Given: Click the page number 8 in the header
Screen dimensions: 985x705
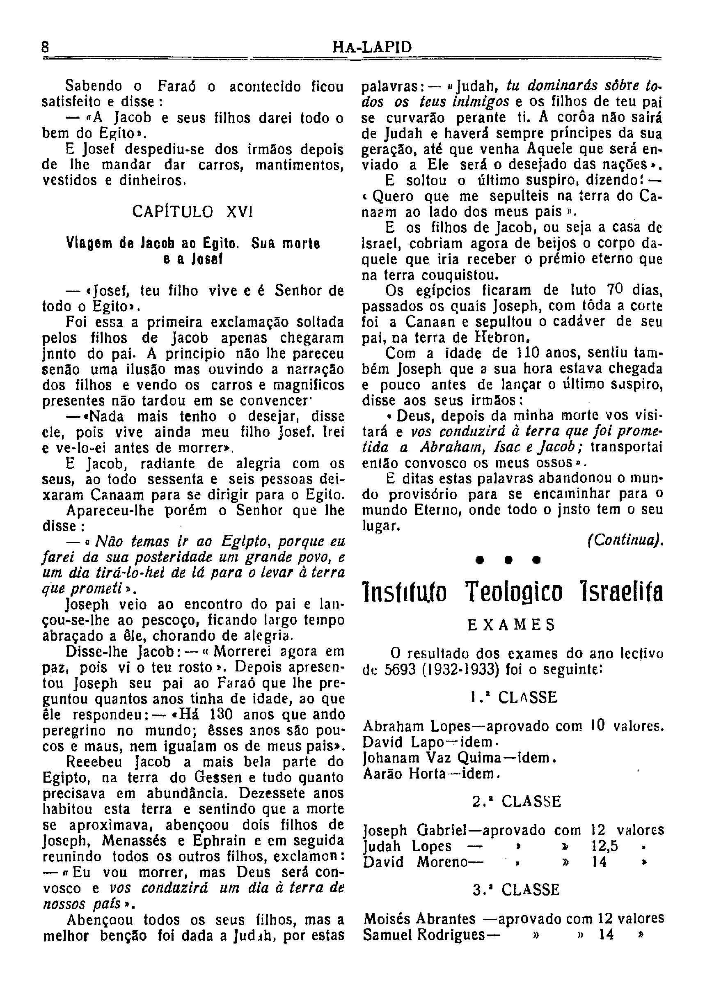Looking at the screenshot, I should click(x=45, y=46).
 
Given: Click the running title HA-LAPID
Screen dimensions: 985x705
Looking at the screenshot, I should click(x=372, y=47).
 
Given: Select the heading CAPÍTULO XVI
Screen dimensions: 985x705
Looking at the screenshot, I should click(x=193, y=212).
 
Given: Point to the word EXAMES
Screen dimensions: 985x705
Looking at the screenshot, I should click(x=511, y=625).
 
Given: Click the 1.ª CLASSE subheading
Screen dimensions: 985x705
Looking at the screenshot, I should click(x=513, y=698).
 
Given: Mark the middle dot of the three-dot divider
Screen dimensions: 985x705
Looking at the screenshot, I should click(x=508, y=561).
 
